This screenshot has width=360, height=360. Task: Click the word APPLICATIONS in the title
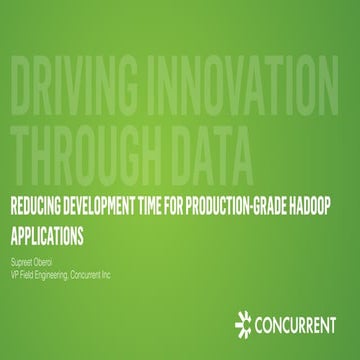point(45,211)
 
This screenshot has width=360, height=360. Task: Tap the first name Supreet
point(22,236)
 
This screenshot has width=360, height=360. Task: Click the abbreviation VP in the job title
point(14,246)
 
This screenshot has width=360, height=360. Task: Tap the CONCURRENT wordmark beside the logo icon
point(300,325)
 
